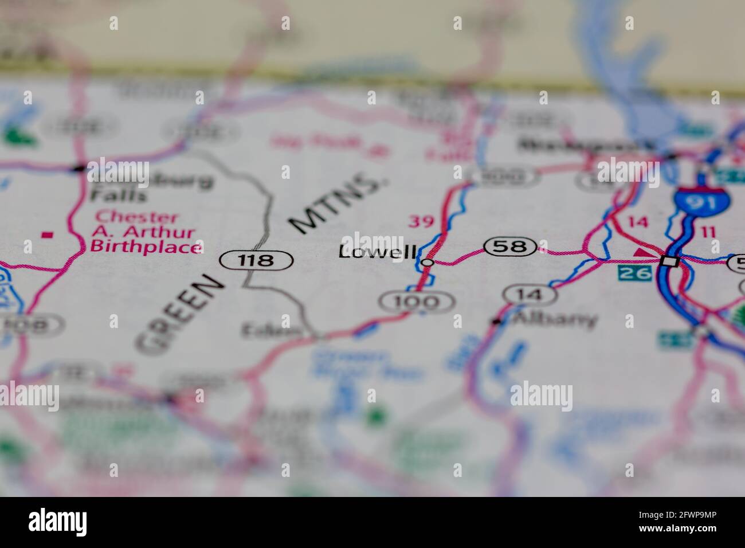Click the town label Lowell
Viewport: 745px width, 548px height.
(x=377, y=252)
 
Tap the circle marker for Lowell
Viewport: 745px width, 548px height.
(x=427, y=263)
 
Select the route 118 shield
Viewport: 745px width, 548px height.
(x=257, y=260)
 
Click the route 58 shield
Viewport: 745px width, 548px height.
(x=511, y=247)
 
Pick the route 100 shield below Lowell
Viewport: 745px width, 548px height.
(x=417, y=301)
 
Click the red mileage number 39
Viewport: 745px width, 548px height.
(x=420, y=221)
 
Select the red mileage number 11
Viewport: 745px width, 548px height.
(x=708, y=231)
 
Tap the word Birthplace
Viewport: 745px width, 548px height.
(x=146, y=248)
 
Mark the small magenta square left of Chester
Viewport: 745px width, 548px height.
(x=48, y=234)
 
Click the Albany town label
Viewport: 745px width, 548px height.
(x=554, y=319)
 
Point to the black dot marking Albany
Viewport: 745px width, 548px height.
(x=496, y=322)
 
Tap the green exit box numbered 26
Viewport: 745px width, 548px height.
(x=634, y=273)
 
